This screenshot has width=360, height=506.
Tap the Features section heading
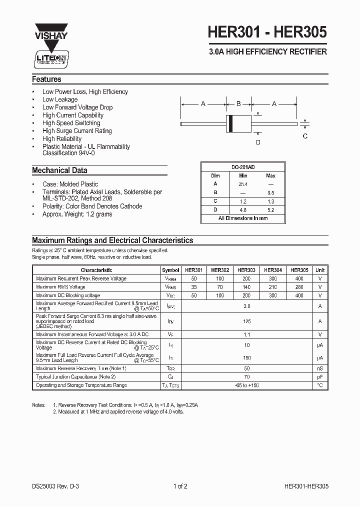click(46, 79)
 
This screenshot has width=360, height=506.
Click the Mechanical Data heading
click(59, 170)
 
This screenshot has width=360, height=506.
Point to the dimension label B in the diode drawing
click(238, 103)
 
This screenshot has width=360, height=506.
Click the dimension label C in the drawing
click(305, 136)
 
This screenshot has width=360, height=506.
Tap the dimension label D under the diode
click(258, 142)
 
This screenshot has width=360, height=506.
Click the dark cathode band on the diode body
click(230, 123)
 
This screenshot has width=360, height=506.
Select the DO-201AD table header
click(243, 167)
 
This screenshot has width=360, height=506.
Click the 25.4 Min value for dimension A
click(243, 184)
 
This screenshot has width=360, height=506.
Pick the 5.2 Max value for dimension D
click(270, 209)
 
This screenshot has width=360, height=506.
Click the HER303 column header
click(246, 270)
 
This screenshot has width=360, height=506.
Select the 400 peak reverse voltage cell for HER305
click(299, 278)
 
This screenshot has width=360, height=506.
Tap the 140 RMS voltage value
click(246, 287)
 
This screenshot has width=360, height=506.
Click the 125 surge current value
click(246, 321)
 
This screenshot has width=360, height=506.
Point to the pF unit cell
click(319, 376)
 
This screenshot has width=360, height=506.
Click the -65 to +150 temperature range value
click(246, 385)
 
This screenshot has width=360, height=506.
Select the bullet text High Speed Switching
click(71, 123)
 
